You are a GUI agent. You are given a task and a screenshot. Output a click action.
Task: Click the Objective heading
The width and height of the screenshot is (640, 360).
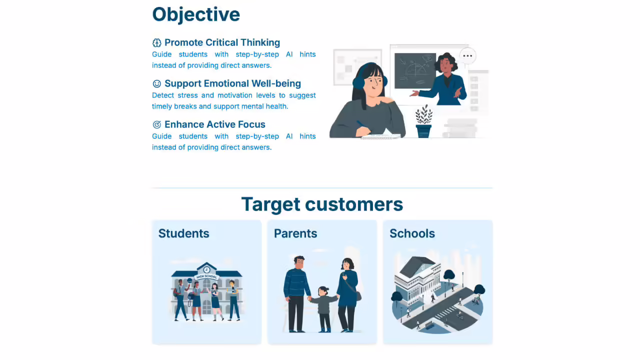pos(196,14)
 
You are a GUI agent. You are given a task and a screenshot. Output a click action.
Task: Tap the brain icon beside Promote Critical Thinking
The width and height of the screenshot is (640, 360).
pos(156,43)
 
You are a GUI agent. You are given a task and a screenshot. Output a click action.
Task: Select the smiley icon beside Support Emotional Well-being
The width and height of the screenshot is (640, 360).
pos(156,83)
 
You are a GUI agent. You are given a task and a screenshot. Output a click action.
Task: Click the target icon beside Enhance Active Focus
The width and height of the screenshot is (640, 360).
pos(156,124)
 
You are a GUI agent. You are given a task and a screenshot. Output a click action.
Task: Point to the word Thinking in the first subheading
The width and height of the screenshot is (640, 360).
pos(260,42)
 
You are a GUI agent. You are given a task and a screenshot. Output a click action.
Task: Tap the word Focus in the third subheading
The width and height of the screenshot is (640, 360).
pos(251,124)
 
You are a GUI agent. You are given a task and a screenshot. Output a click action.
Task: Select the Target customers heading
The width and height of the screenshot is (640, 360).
pos(322,204)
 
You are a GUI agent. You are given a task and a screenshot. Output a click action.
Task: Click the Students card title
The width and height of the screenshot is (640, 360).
pos(183,233)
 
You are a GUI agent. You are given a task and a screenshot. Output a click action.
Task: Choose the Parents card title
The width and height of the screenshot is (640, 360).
pos(295,233)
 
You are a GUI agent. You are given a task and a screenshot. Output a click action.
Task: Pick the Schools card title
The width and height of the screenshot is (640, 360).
pos(412,233)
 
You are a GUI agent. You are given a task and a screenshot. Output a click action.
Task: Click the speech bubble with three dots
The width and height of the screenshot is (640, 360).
pos(467,55)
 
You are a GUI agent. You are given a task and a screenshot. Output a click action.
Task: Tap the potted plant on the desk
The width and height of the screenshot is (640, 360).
pos(423,121)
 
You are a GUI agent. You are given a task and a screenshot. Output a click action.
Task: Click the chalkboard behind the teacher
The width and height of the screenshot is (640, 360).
pos(415,71)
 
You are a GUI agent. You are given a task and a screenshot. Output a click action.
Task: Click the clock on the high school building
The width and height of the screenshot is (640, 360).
pos(206,269)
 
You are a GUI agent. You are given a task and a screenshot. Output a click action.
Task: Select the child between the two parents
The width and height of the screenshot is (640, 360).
pos(323,309)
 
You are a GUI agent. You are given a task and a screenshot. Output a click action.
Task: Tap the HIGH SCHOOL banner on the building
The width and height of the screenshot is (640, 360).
pos(206,276)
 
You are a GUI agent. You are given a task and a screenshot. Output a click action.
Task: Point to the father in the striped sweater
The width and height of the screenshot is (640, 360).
pos(296,293)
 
